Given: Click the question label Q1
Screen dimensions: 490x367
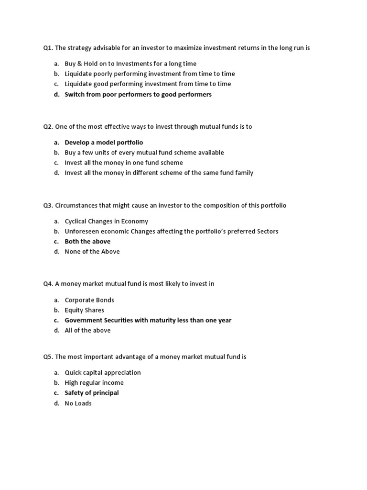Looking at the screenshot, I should tap(48, 48).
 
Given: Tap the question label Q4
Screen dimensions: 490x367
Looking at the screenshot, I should tap(48, 284).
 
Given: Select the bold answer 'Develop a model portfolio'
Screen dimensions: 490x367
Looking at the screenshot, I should tap(104, 143).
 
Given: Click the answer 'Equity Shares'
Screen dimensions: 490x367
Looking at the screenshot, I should tap(84, 310).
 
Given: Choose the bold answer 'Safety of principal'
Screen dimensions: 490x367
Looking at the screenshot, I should tap(92, 393).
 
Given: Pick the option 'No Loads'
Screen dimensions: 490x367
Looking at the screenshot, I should tap(78, 403).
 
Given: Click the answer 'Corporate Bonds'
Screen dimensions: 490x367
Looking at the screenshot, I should tap(89, 300).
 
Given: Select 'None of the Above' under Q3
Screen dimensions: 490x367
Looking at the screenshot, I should tap(92, 252).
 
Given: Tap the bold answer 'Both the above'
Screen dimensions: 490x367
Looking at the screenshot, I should tap(87, 242).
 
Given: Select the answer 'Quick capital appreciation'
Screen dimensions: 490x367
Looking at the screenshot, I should tap(103, 372).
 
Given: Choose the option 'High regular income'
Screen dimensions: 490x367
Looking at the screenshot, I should tap(94, 383).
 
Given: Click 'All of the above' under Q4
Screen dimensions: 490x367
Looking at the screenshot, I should tap(87, 330).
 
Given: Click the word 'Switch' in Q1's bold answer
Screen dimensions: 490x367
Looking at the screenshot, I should tap(75, 94).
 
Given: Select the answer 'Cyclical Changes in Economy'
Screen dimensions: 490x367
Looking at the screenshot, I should tap(106, 222).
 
